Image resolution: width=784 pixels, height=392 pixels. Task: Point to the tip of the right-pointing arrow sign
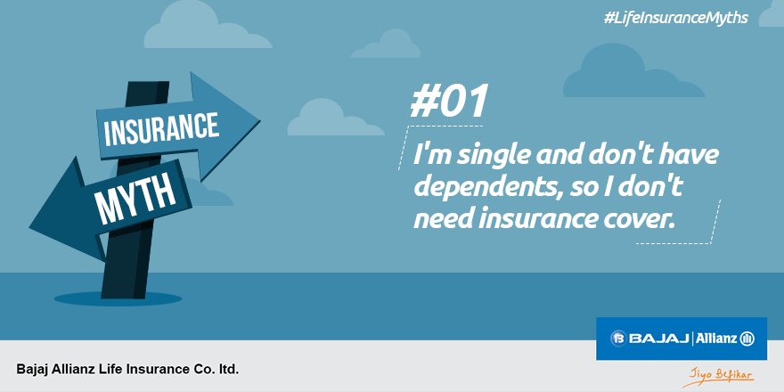(258, 116)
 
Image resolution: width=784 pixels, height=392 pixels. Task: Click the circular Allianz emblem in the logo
(747, 339)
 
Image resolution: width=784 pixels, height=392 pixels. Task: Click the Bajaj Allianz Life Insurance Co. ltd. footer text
(127, 368)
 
